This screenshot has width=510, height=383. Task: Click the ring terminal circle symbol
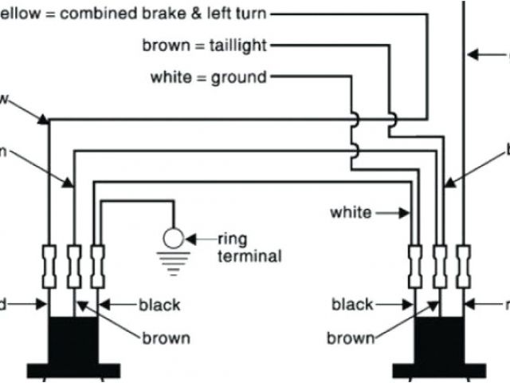173,237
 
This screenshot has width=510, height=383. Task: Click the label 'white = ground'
208,77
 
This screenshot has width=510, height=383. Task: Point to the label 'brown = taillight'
204,45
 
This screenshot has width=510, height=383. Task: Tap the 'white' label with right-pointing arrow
351,212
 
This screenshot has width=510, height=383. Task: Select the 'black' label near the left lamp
159,304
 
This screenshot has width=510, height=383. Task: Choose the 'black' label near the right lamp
352,304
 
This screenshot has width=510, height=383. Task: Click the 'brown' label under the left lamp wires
167,338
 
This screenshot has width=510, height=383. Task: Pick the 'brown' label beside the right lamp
350,338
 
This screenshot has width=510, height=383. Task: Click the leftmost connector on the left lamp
50,264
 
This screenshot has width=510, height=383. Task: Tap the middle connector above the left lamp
74,264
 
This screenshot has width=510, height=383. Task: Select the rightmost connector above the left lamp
97,264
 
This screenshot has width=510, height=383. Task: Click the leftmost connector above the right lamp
415,264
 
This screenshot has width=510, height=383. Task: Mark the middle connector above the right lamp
439,264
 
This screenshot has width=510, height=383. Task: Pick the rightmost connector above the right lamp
463,264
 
